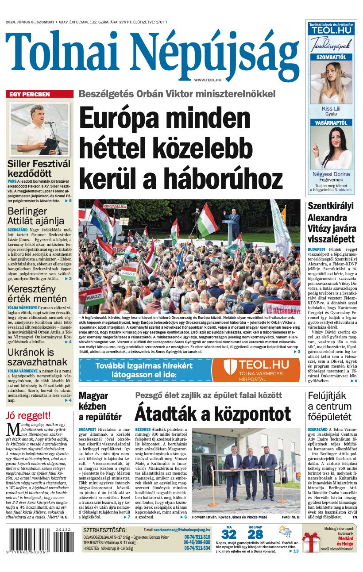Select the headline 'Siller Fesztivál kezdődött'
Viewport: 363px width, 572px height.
click(x=39, y=169)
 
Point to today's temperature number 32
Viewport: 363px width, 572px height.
click(x=229, y=534)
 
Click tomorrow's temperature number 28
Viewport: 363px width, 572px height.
click(x=255, y=534)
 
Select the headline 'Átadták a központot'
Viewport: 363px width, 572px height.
click(x=212, y=414)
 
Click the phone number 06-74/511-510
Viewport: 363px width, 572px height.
click(x=197, y=537)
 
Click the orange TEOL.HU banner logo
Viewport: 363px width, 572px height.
click(x=255, y=369)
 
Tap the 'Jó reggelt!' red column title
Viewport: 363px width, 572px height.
click(x=28, y=415)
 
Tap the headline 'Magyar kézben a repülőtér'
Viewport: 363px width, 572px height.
click(x=100, y=406)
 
